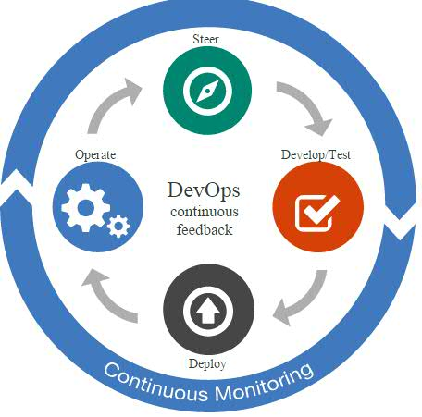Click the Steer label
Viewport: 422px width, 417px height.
205,40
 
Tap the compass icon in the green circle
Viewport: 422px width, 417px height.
207,91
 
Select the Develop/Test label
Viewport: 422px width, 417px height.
316,155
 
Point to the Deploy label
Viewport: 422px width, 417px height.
207,364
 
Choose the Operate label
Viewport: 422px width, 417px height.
95,155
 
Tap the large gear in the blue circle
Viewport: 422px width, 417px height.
85,208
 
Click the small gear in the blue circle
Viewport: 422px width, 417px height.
118,227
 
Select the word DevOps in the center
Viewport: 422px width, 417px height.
204,190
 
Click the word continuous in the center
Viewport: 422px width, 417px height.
205,212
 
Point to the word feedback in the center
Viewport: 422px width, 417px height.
205,230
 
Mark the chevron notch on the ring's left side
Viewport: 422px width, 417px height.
17,188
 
